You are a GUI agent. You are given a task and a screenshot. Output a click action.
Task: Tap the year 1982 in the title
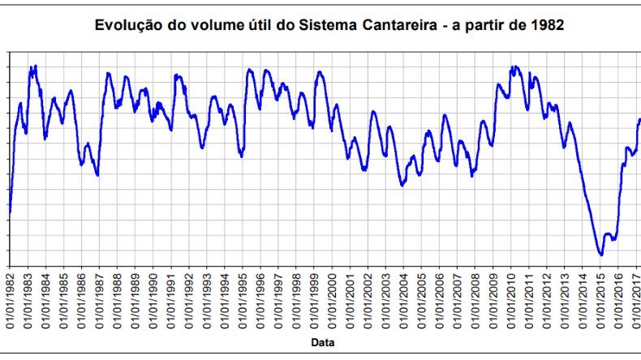click(x=547, y=25)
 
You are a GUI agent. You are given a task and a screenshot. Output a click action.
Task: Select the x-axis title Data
click(x=323, y=343)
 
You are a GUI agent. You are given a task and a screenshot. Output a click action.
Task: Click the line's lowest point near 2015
click(x=601, y=255)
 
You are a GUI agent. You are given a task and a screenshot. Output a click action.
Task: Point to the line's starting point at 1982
click(x=10, y=212)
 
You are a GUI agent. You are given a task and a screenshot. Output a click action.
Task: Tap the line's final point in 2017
click(x=639, y=120)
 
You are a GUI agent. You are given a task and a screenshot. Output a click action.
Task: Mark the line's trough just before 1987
click(x=97, y=174)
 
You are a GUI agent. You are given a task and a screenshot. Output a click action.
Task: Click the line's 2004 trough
click(x=402, y=185)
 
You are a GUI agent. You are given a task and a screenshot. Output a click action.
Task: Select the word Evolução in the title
click(x=123, y=25)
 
